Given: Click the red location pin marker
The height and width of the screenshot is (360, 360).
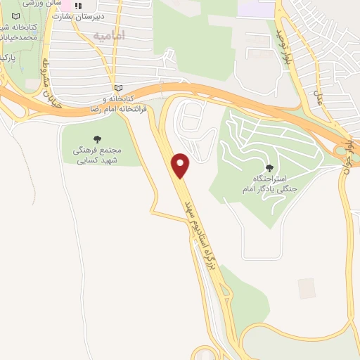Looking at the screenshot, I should pos(181,165).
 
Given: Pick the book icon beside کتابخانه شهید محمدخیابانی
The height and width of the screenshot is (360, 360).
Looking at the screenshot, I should pos(16,15).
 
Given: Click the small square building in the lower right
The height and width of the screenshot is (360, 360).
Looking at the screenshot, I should pos(306,288).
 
